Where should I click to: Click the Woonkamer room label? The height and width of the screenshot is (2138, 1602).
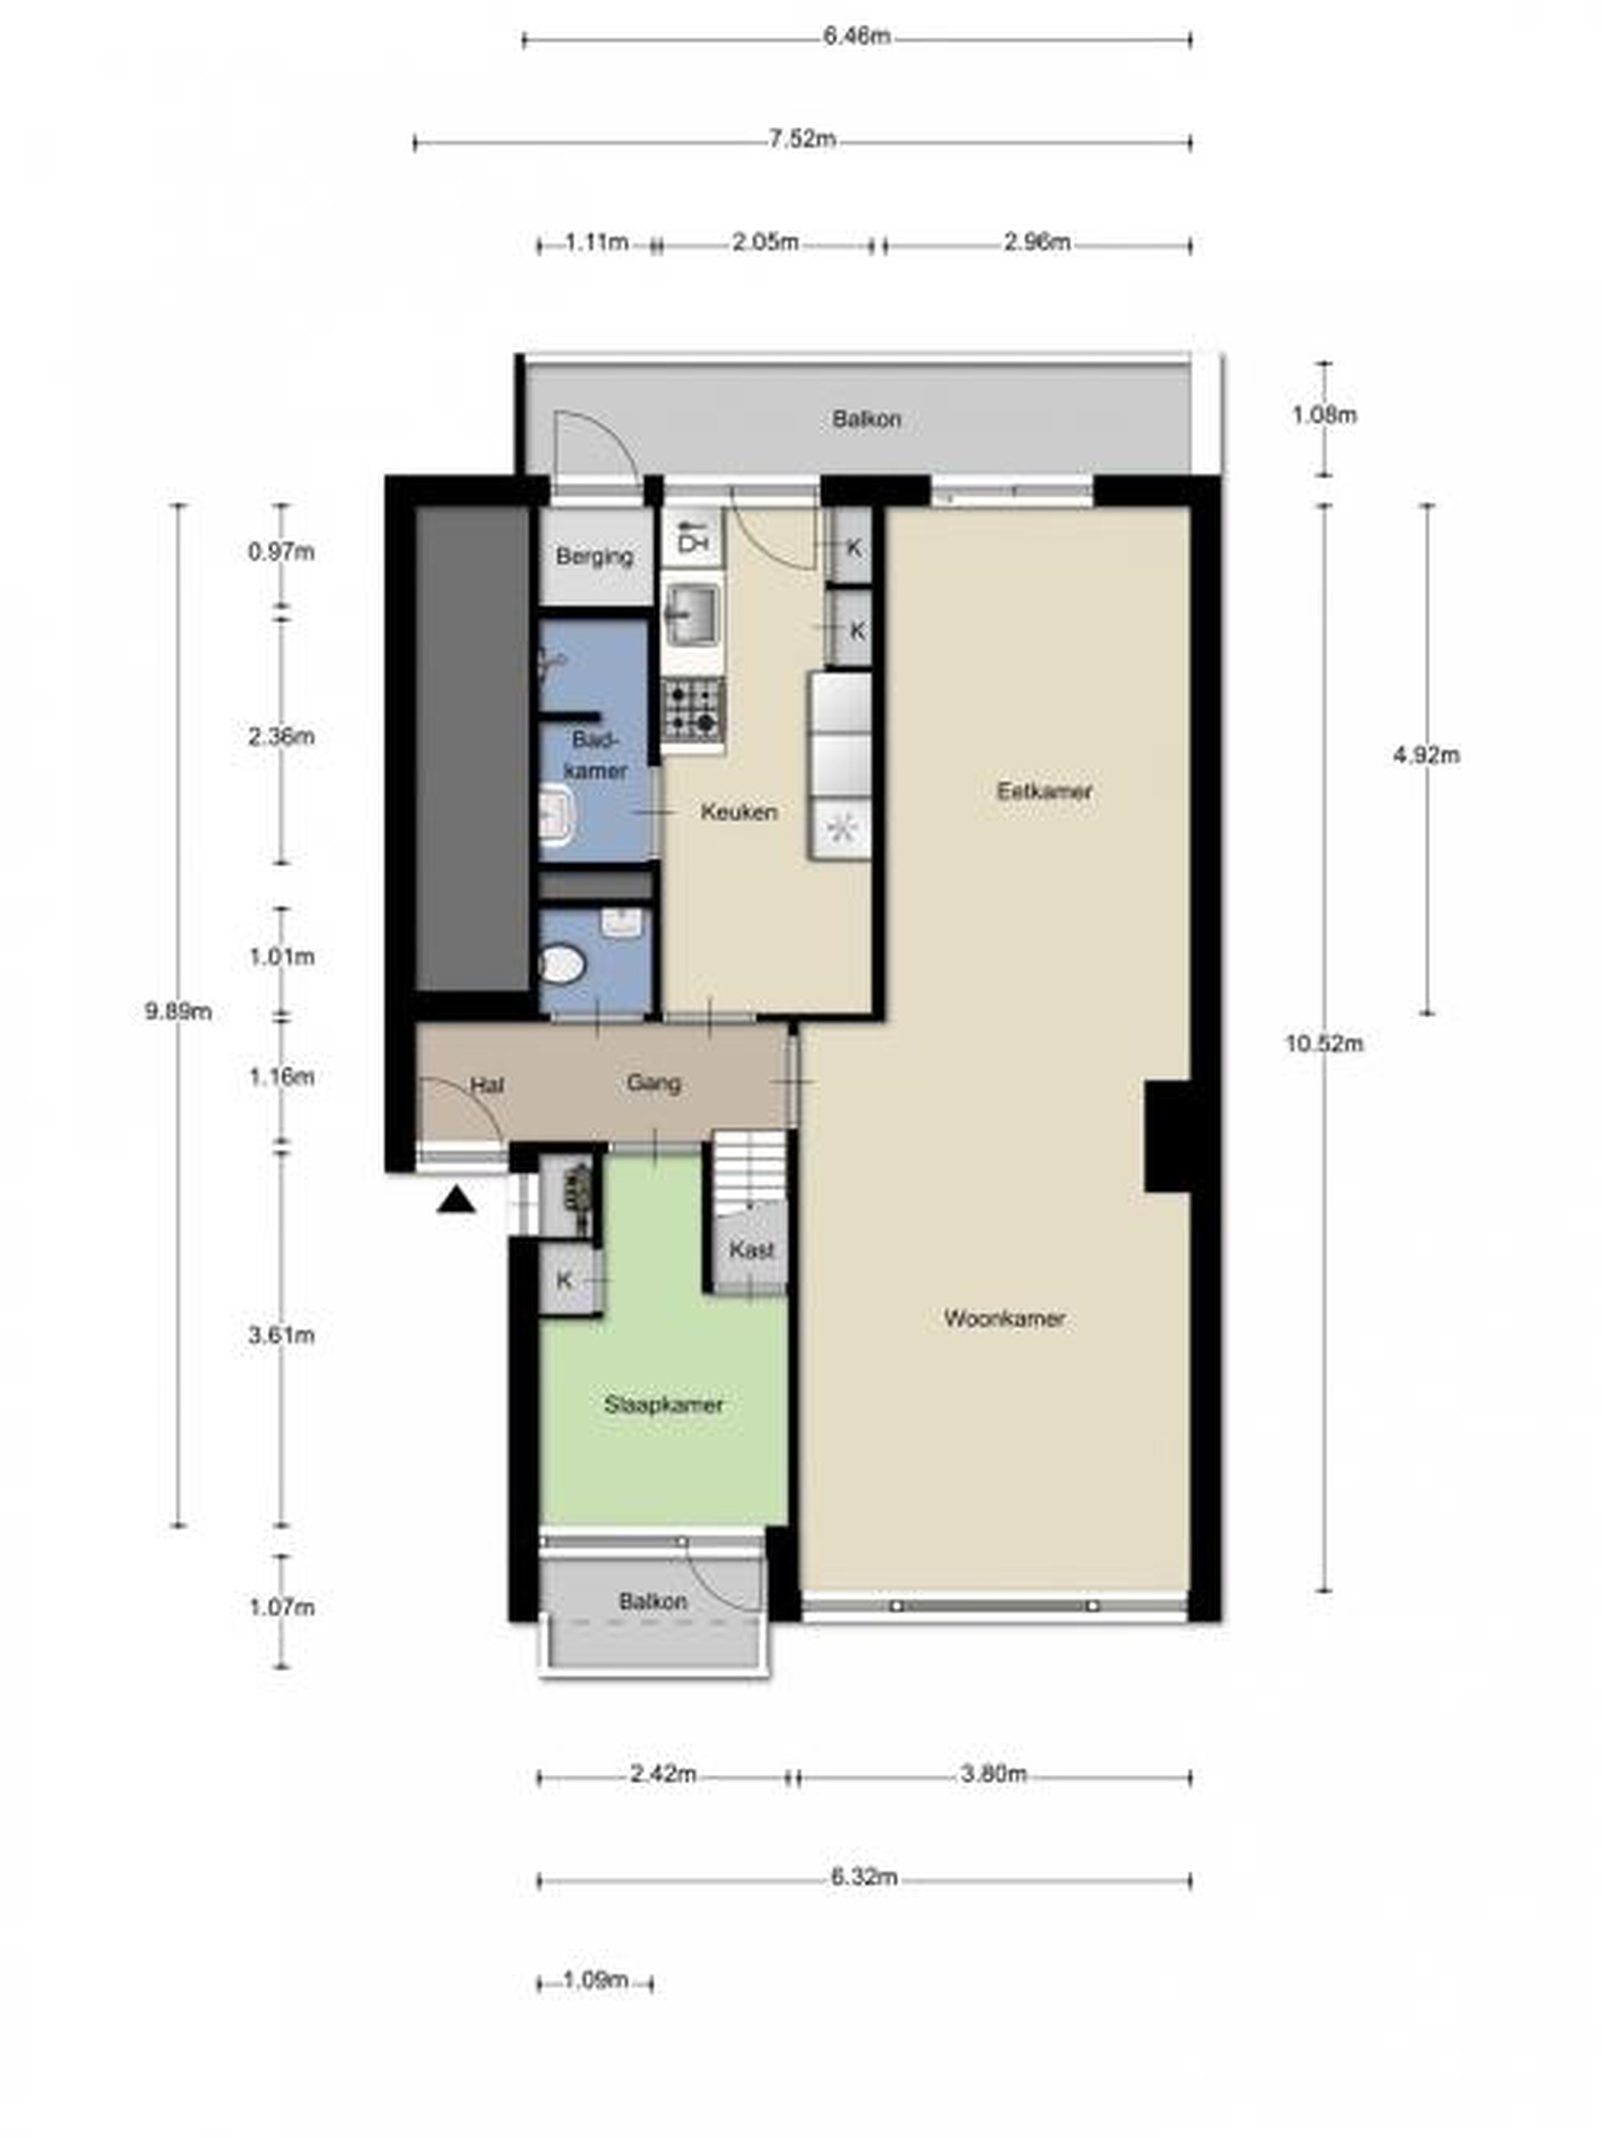pos(1004,1318)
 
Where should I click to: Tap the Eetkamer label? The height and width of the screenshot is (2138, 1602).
pos(1044,791)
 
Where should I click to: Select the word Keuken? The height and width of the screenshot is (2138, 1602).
pos(739,812)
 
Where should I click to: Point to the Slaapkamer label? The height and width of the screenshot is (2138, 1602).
pos(663,1405)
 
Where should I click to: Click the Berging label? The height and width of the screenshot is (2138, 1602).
pos(595,557)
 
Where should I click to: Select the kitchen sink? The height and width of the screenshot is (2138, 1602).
pos(692,615)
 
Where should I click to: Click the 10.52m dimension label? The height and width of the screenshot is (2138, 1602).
pos(1324,1044)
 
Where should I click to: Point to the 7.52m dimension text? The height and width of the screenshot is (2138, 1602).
pos(802,139)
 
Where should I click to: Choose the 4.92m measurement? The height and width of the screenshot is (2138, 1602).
pos(1427,755)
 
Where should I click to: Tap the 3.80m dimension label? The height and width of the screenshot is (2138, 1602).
pos(994,1774)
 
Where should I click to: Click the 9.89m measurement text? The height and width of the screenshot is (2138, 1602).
pos(178,1012)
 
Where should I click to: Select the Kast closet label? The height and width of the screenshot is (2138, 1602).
pos(751,1249)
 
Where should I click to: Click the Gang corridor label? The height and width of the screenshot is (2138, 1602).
pos(653,1082)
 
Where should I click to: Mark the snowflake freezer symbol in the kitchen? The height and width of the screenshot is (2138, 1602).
pos(841,829)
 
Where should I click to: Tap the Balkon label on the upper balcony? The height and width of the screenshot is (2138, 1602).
pos(867,419)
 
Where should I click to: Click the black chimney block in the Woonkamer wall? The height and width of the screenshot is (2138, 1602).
pos(1168,1137)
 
